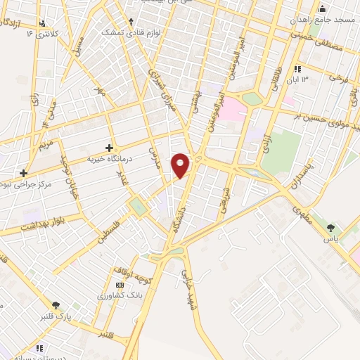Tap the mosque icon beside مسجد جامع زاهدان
pos(323,8)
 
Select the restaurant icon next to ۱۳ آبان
pos(297,69)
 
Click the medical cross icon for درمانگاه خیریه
pos(108,148)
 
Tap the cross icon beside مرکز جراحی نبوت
pos(23,172)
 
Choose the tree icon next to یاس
pos(331,227)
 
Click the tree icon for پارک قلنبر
pos(56,305)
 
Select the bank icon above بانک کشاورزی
pos(119,285)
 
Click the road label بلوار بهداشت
pos(41,226)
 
